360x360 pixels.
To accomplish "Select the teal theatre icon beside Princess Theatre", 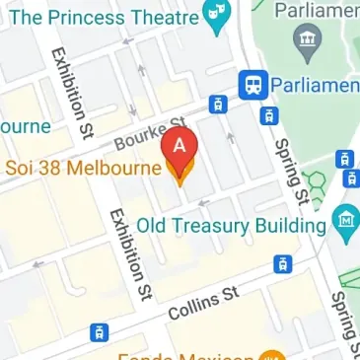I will pyautogui.click(x=215, y=17).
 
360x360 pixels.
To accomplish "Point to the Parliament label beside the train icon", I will pyautogui.click(x=315, y=86).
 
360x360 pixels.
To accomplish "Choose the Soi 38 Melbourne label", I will pyautogui.click(x=83, y=168).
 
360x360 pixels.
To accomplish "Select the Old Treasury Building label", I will pyautogui.click(x=230, y=225).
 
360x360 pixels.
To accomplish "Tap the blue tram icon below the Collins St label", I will pyautogui.click(x=97, y=332).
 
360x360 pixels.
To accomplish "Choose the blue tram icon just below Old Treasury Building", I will pyautogui.click(x=283, y=263).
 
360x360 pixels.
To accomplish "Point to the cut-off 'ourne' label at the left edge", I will pyautogui.click(x=24, y=127).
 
